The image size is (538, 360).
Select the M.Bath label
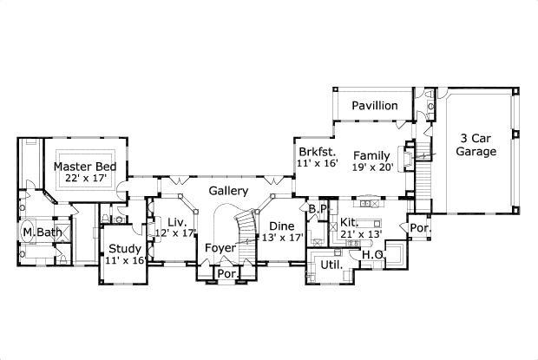[x=40, y=232]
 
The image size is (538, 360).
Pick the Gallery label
[x=229, y=191]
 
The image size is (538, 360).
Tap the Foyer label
[x=220, y=248]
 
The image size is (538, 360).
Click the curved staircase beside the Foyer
[x=246, y=227]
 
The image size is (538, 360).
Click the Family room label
[x=371, y=156]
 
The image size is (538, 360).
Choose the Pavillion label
[x=375, y=106]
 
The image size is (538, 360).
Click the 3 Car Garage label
[x=477, y=145]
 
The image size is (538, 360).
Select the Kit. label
[x=350, y=221]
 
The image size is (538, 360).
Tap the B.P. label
[x=318, y=209]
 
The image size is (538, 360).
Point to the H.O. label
[x=373, y=255]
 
